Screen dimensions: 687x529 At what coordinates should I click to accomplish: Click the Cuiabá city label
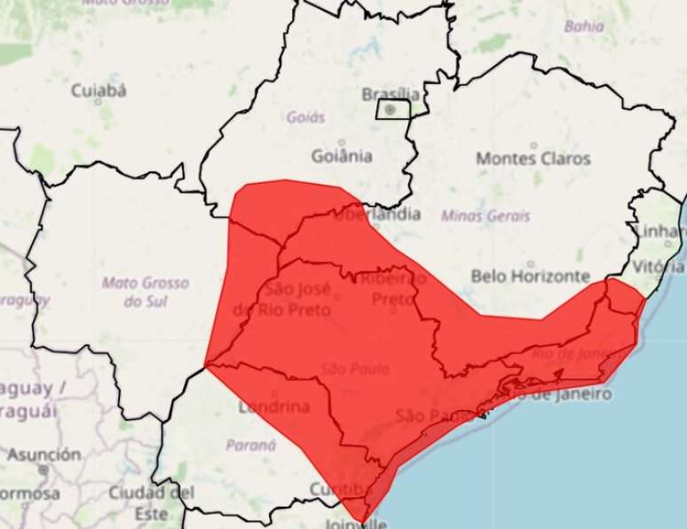pos(99,90)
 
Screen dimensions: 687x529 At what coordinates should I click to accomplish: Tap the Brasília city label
pos(391,94)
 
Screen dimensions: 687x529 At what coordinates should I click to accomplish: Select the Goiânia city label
pos(342,156)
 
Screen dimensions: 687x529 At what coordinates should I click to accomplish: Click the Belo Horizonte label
pos(531,276)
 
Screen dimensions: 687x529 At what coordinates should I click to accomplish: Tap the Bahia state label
pos(584,27)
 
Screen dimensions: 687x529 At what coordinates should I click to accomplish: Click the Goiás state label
pos(306,117)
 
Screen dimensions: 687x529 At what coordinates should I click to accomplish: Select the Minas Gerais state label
pos(486,216)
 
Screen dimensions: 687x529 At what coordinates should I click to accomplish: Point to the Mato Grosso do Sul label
pos(145,292)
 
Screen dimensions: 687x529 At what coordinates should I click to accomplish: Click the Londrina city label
pos(273,408)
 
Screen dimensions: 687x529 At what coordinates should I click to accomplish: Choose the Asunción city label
pos(43,454)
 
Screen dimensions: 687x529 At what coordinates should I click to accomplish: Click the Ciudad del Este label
pos(152,501)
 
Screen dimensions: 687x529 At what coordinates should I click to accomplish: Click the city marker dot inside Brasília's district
pos(390,109)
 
